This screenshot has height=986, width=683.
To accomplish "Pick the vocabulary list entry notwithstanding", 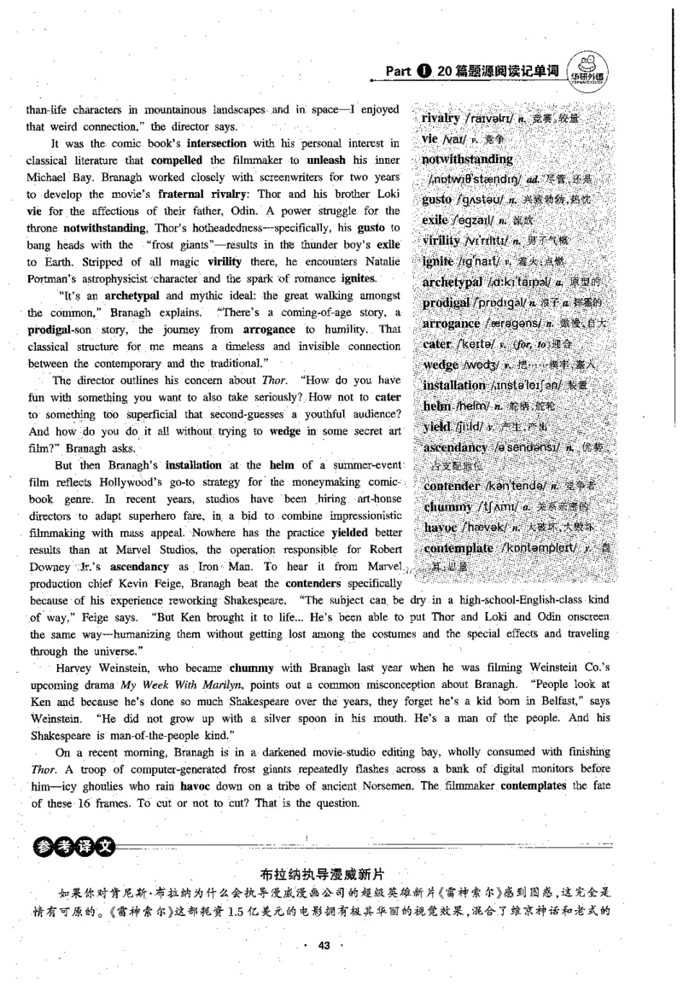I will click(467, 159).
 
